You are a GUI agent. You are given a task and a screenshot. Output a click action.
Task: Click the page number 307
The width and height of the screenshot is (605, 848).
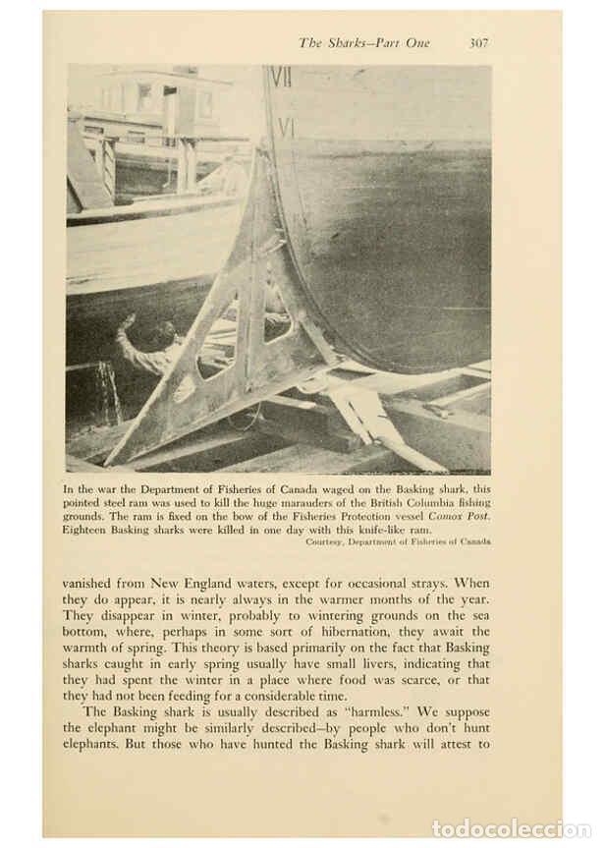[478, 43]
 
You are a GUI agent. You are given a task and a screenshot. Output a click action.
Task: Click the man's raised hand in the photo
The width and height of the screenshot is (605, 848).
[126, 321]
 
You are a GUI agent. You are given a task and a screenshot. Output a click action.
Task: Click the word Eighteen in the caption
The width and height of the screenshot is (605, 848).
[88, 530]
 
